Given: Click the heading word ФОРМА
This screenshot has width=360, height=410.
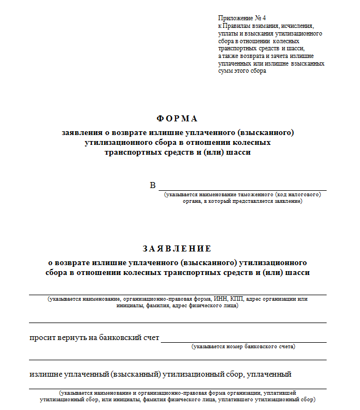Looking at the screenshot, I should point(177,119).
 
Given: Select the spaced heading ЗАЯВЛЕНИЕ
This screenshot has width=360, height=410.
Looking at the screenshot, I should point(177,249).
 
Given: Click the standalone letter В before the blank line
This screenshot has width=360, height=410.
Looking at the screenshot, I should point(153,185).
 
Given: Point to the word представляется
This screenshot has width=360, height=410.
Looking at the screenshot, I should point(259,201).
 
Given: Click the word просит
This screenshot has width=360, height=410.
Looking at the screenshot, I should point(41,338).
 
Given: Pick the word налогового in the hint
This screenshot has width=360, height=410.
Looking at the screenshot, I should point(304,195).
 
